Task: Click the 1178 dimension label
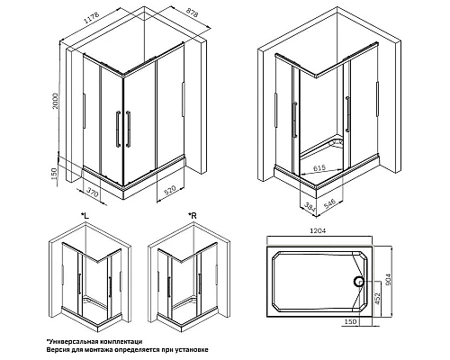(x=92, y=18)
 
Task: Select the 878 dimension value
(x=193, y=13)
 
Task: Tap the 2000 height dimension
(x=55, y=101)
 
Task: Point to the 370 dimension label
(x=93, y=192)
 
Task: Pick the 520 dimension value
(x=169, y=191)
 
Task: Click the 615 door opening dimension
(x=319, y=168)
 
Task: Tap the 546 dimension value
(x=329, y=204)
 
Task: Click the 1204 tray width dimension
(x=318, y=231)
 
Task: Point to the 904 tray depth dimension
(x=388, y=279)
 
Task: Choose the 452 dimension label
(x=377, y=299)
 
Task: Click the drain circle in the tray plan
(x=358, y=282)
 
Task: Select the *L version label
(x=85, y=215)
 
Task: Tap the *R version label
(x=193, y=215)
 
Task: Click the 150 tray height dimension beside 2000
(x=54, y=174)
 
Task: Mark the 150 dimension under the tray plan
(x=350, y=322)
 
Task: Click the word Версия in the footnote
(x=57, y=350)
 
